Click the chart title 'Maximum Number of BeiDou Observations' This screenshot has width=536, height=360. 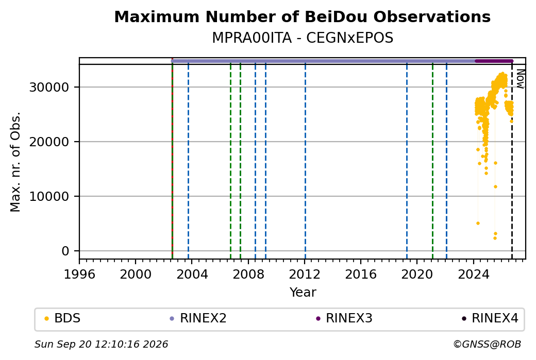[x=302, y=16]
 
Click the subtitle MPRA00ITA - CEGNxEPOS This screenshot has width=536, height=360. [x=303, y=38]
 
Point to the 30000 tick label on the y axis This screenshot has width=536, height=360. [x=49, y=88]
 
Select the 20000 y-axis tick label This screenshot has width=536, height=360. [x=49, y=142]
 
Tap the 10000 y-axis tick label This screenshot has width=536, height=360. [x=49, y=196]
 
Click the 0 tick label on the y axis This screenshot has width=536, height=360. [x=65, y=251]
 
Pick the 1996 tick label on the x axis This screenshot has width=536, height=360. [x=79, y=274]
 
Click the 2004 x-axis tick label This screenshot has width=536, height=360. [x=192, y=274]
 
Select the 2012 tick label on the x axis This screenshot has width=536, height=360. [x=305, y=274]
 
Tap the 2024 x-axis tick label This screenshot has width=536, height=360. [x=474, y=274]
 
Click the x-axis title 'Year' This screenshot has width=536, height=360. [x=303, y=293]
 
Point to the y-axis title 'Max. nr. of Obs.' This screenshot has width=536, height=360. [x=15, y=162]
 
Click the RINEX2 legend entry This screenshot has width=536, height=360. [x=198, y=318]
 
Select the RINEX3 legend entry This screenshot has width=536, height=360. [x=344, y=318]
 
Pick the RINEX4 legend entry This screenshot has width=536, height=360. [x=490, y=318]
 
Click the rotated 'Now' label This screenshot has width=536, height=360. [x=520, y=79]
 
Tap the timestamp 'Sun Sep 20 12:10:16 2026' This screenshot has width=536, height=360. [x=101, y=344]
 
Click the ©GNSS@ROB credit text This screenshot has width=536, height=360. [x=487, y=344]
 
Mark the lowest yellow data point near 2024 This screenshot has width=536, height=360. [x=478, y=224]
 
